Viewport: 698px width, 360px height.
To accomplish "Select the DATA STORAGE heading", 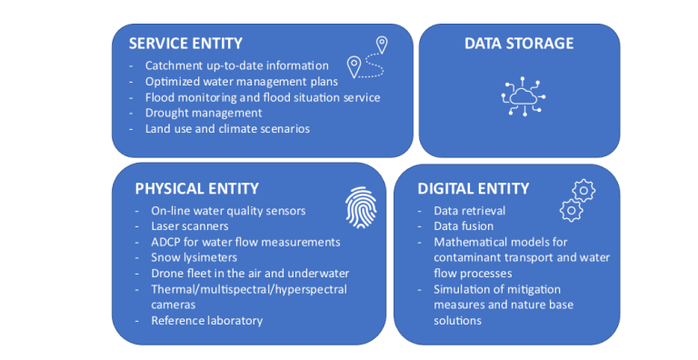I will coord(519,44).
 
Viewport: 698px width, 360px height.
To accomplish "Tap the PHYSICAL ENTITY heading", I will coord(196,189).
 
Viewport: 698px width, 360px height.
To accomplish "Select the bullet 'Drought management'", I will coord(204,113).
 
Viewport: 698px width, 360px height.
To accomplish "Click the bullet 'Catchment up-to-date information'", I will coord(236,65).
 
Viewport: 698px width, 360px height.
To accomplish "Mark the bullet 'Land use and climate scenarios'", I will coord(227,128).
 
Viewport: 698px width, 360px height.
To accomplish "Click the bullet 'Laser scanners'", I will coord(190,226).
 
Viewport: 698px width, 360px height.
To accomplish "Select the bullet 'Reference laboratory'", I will coord(206,320).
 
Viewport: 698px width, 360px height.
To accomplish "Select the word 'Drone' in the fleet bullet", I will coord(167,273).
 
